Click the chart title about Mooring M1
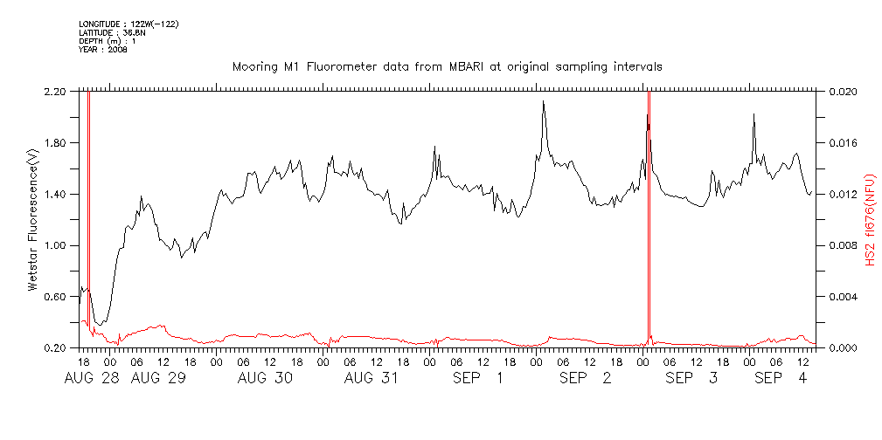447,66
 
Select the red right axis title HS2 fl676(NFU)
870,219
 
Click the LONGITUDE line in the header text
128,24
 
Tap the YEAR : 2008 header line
103,50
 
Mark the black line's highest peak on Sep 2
543,102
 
